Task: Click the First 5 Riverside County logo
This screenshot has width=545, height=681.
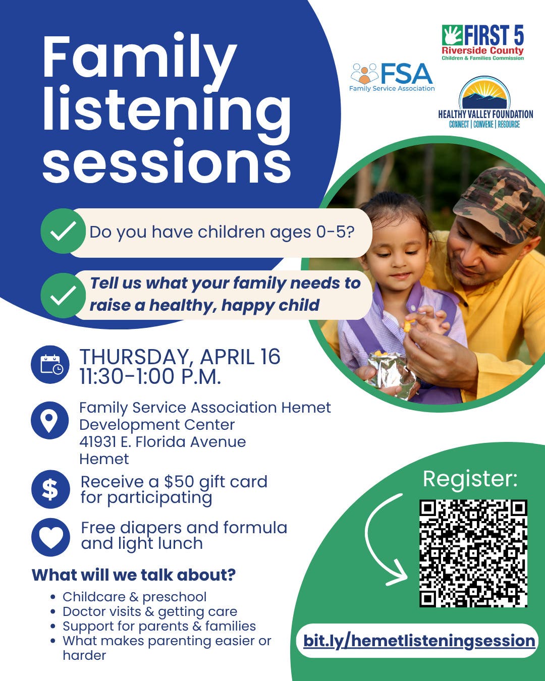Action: click(482, 43)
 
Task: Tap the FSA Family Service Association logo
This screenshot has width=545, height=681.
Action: click(392, 77)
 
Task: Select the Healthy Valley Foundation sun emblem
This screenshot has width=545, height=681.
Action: click(484, 93)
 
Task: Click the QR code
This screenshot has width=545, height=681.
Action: click(473, 553)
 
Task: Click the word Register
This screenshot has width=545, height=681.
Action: click(470, 479)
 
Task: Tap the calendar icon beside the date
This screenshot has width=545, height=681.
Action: click(50, 365)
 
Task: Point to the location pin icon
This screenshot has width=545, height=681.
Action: click(50, 420)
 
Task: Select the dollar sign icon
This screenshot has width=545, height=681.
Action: click(50, 489)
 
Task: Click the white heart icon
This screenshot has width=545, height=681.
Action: click(50, 538)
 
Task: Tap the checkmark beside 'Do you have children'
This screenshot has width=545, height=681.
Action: click(63, 231)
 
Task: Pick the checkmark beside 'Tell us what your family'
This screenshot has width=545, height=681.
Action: click(63, 295)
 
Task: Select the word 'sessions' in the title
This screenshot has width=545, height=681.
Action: click(167, 161)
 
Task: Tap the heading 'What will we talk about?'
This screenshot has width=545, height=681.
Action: click(134, 575)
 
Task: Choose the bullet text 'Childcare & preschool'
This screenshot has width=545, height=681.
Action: click(135, 597)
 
